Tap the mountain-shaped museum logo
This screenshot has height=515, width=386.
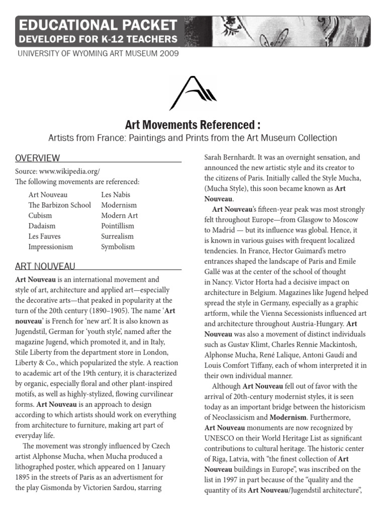tap(192, 93)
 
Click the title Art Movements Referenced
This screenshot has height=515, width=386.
tap(192, 125)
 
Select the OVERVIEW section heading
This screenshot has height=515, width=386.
tap(38, 158)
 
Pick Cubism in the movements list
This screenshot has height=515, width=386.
tap(40, 215)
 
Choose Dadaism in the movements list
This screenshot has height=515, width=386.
tap(42, 226)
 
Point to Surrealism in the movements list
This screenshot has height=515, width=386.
tap(118, 236)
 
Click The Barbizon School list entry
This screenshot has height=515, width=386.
tap(60, 205)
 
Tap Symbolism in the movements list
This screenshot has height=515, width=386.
tap(118, 247)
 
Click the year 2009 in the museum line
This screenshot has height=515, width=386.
tap(168, 53)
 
